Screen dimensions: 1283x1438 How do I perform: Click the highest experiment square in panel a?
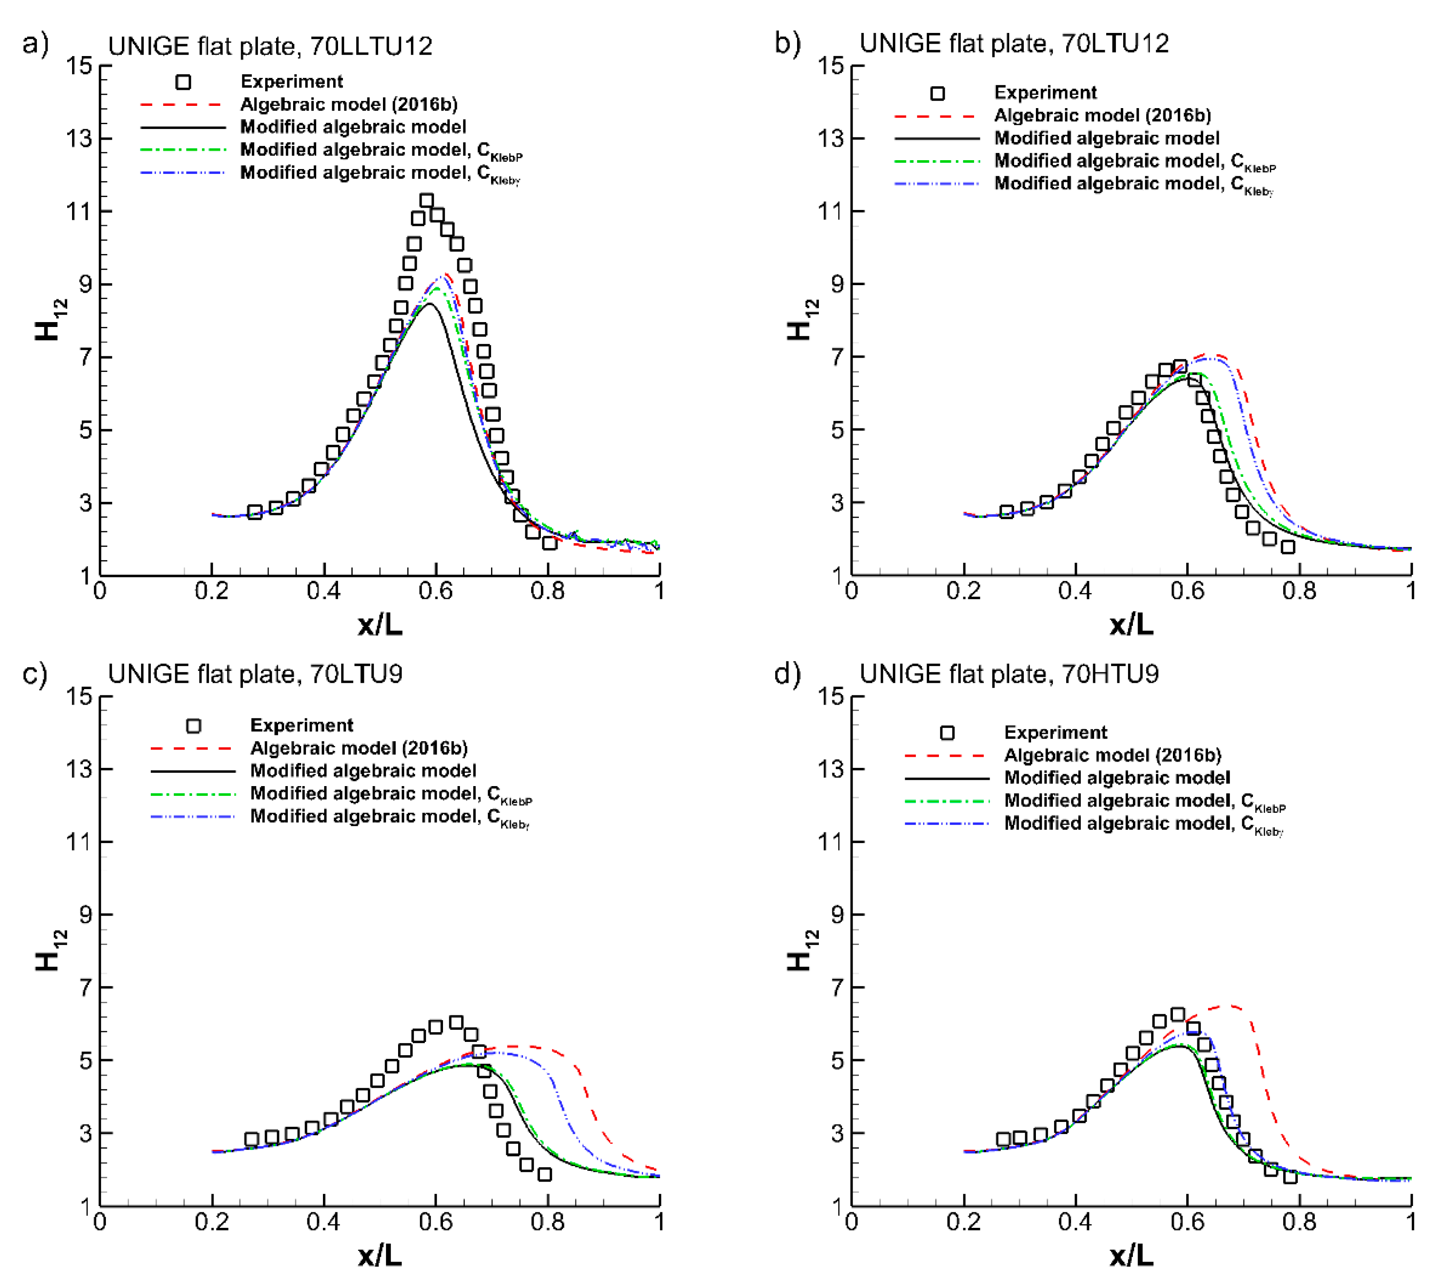427,201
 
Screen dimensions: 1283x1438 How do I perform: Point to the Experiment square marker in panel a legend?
183,82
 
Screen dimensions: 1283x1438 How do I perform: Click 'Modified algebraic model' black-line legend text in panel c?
363,771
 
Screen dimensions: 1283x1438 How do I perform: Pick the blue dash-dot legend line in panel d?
946,823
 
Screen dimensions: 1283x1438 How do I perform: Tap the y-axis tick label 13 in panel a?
79,138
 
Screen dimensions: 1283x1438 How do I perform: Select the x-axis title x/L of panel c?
380,1255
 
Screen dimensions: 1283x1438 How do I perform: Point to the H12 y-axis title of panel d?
801,950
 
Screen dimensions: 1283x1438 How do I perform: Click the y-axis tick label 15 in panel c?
79,697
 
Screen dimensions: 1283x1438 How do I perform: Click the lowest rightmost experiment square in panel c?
544,1174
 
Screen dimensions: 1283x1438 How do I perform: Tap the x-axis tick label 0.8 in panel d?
1298,1222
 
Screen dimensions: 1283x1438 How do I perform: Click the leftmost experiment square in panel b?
1007,512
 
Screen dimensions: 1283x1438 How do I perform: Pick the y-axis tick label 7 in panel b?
837,357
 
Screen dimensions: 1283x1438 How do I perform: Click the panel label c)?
35,674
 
